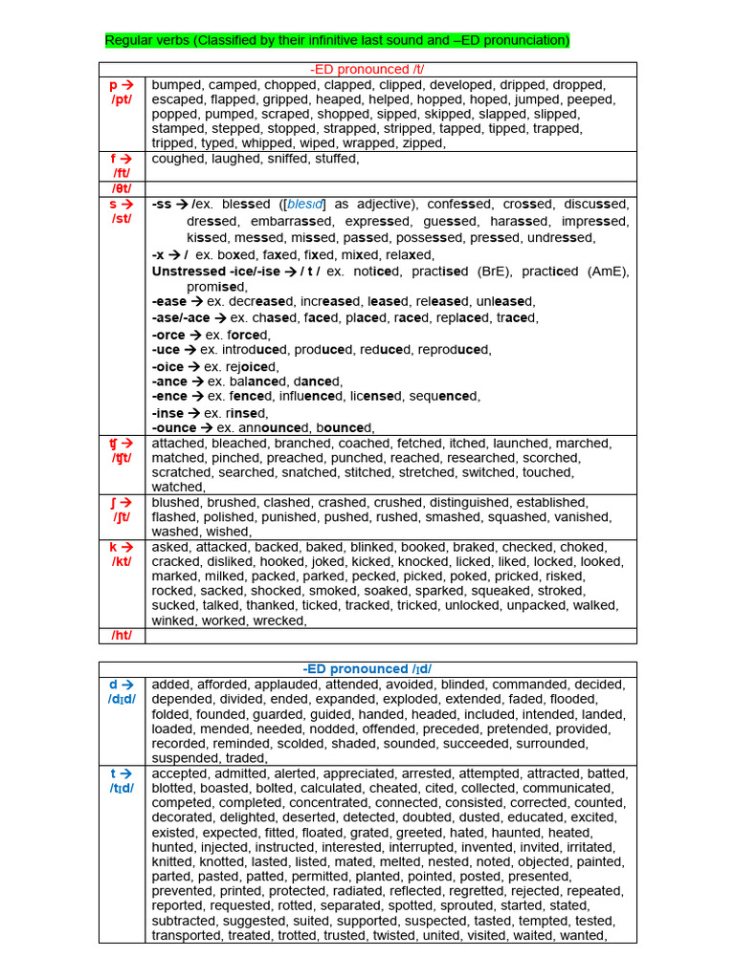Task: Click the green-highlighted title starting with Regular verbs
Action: (337, 40)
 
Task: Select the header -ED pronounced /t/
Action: (367, 70)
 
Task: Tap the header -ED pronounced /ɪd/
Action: (367, 669)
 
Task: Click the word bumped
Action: (177, 85)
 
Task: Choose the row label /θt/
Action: (122, 188)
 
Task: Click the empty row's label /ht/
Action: (122, 636)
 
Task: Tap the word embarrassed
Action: (286, 222)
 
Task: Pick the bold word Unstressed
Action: (189, 272)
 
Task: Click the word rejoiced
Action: (249, 367)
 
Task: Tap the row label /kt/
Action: (122, 562)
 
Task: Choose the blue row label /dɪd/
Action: (122, 699)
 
